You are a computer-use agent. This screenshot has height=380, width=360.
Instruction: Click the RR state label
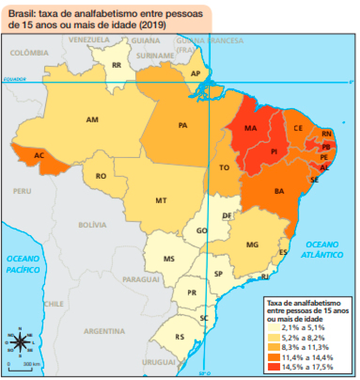click(116, 65)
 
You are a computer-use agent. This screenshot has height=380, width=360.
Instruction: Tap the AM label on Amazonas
click(92, 120)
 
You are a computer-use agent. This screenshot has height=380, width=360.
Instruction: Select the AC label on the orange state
click(39, 156)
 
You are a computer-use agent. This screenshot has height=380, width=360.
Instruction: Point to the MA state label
click(251, 128)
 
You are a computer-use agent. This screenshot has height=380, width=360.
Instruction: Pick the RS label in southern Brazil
click(180, 336)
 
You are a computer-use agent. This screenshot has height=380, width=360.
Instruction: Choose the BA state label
click(279, 191)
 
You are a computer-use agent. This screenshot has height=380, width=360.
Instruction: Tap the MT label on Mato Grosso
click(162, 200)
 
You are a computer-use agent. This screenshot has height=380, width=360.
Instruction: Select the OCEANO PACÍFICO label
click(23, 264)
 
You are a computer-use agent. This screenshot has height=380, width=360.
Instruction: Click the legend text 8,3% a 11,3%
click(305, 347)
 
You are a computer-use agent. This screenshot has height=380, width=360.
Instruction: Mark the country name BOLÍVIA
click(92, 225)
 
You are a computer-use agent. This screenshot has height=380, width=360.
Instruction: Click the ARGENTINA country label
click(104, 331)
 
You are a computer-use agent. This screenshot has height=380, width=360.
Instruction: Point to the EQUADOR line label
click(14, 79)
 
